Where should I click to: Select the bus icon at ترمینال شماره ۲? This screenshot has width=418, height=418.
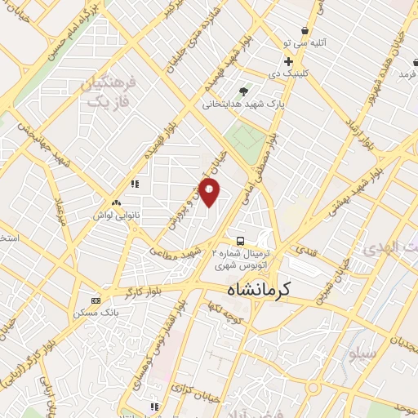(x=240, y=241)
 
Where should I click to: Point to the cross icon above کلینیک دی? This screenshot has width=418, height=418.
(x=287, y=61)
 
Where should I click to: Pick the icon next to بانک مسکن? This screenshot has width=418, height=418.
(x=96, y=300)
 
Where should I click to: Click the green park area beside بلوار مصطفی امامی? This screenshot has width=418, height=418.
(x=244, y=139)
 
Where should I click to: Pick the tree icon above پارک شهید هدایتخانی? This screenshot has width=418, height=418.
(x=243, y=91)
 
